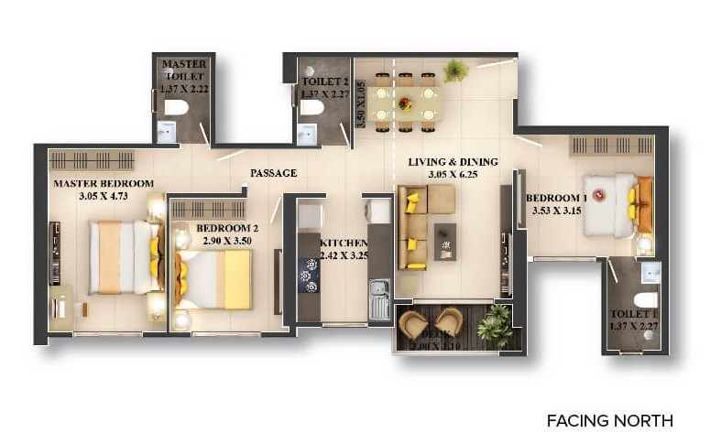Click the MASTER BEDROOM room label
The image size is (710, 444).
tap(103, 183)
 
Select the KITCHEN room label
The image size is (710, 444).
tap(344, 244)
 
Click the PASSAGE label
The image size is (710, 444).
tap(273, 172)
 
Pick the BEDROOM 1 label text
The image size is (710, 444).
tap(556, 198)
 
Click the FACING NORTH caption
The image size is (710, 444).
tap(609, 421)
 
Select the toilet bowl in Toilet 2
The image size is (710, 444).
tap(311, 108)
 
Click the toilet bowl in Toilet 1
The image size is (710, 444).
tap(646, 299)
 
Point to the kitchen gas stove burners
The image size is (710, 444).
tap(310, 275)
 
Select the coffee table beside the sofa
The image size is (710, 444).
tap(445, 240)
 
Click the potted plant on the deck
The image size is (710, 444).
tap(496, 324)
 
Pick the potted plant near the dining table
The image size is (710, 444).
tap(455, 70)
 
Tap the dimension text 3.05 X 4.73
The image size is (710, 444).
tap(103, 194)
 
